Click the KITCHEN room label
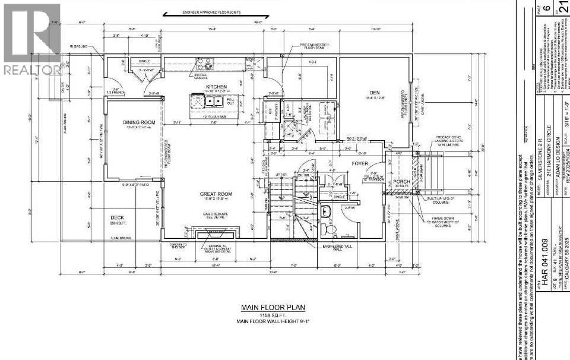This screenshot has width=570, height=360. coord(216,87)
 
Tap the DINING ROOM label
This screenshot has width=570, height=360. coord(139,122)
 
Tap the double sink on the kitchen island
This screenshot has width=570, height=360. coord(213,102)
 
